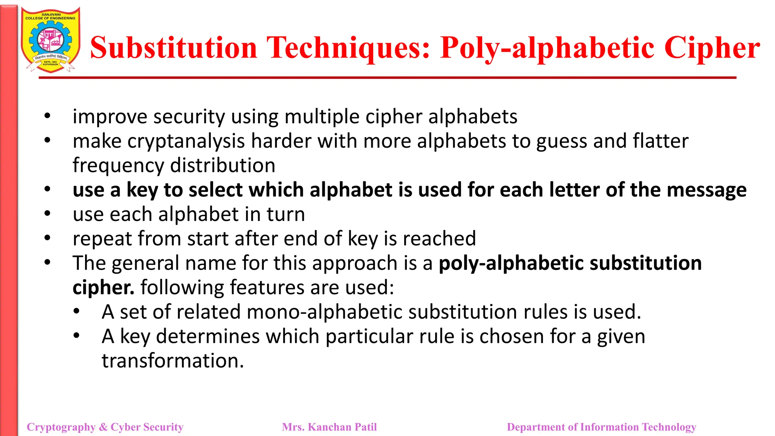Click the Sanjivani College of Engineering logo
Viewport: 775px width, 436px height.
[x=50, y=40]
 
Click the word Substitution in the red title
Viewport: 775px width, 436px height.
[x=174, y=48]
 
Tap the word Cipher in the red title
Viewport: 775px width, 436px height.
[x=712, y=48]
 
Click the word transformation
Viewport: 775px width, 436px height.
[x=173, y=361]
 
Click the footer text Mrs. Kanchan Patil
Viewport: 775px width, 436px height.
[x=329, y=427]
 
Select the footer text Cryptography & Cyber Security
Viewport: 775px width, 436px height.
[x=105, y=427]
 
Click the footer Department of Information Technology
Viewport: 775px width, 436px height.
[x=601, y=427]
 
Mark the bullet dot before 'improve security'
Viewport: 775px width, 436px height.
[x=47, y=116]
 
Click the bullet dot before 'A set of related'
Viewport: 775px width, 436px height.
[x=76, y=311]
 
